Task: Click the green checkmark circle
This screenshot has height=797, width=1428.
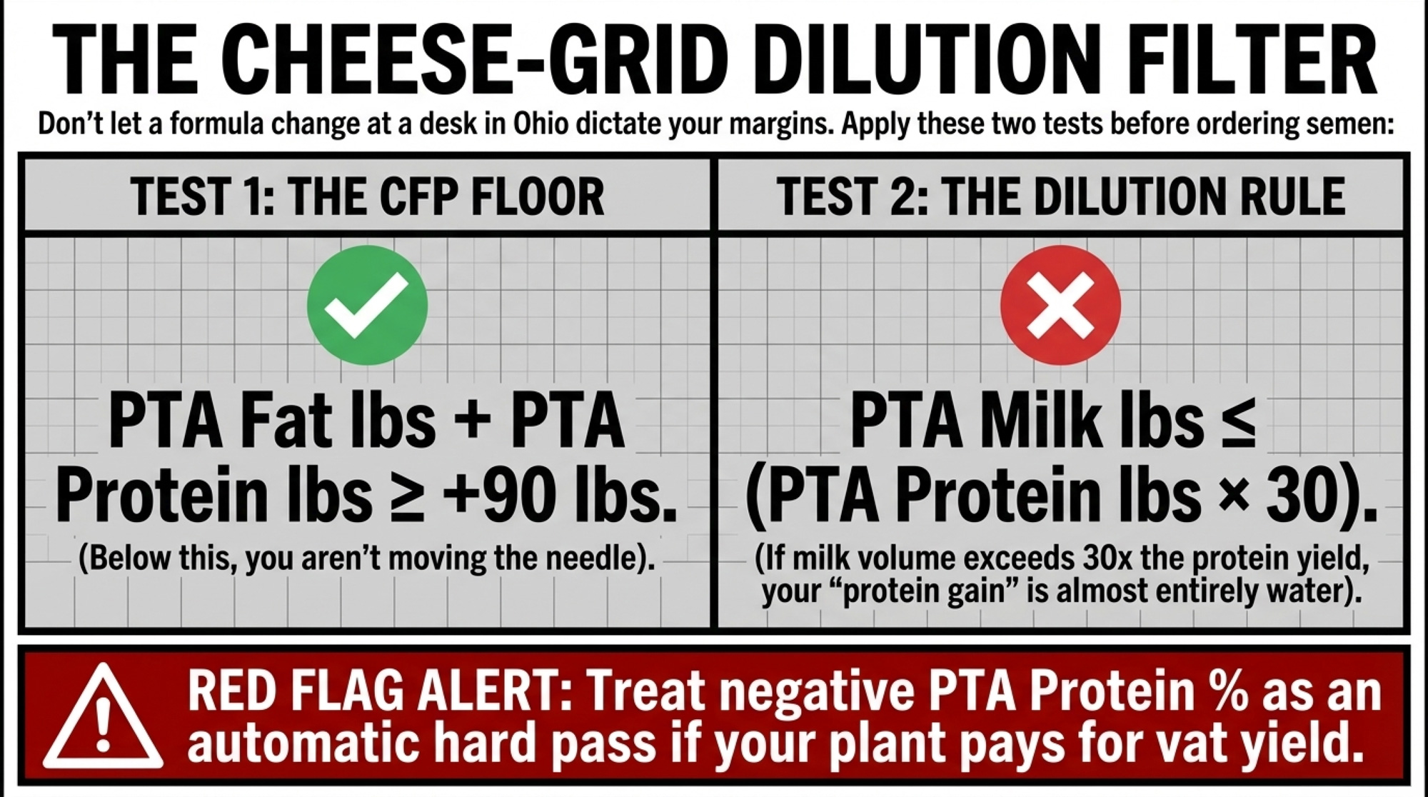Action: [x=367, y=306]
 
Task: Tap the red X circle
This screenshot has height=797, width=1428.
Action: [x=1060, y=306]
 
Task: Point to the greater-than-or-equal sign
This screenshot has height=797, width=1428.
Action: [x=407, y=496]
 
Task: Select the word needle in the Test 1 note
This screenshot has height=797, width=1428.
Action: [x=592, y=558]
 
